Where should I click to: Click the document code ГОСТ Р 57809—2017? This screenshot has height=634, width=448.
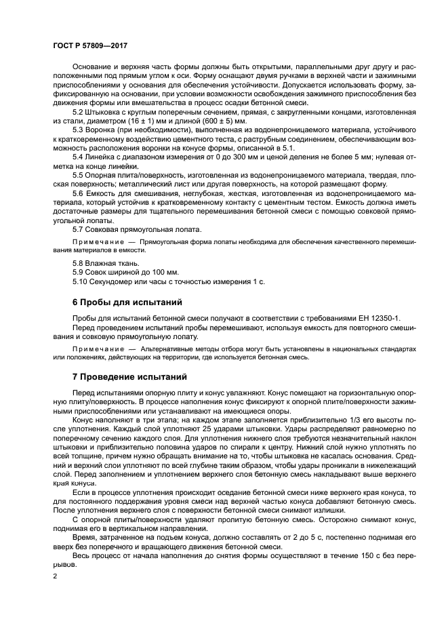click(89, 44)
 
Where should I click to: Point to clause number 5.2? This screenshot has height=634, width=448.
click(78, 111)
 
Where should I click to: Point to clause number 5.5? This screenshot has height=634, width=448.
click(78, 174)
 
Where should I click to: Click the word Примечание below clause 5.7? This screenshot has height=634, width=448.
click(95, 241)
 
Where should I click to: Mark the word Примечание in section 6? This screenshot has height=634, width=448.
click(95, 348)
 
